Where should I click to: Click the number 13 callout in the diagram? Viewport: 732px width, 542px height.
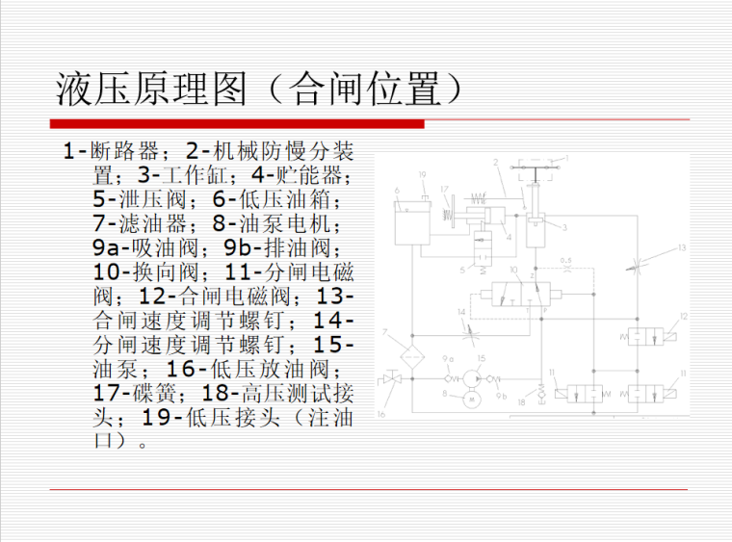[x=681, y=248]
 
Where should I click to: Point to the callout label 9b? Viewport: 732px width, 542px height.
[x=502, y=396]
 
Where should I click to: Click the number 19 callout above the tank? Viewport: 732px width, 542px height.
[x=422, y=173]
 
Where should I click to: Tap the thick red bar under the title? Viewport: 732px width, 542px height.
[x=236, y=123]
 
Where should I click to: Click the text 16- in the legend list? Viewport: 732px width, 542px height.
[x=187, y=368]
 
